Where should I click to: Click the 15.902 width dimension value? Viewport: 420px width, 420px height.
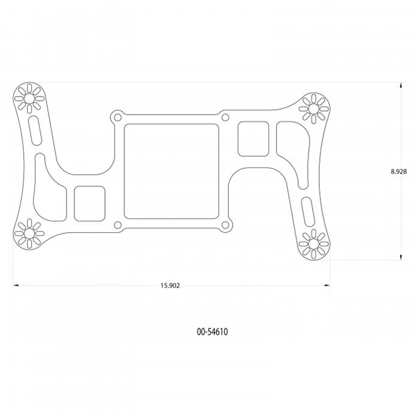[170, 286]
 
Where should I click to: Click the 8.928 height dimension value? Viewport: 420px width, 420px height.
[399, 172]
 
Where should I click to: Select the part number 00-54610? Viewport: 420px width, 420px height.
[212, 331]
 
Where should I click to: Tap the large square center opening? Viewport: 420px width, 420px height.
[171, 171]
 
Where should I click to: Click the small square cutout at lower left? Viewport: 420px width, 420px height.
[90, 202]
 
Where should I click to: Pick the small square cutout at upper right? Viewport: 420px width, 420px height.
[253, 139]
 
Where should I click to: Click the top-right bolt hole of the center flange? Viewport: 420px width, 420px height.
[225, 117]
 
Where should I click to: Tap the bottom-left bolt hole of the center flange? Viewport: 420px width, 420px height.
[118, 226]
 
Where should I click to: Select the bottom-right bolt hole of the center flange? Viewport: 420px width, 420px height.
[226, 226]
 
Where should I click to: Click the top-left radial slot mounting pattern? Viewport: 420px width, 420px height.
[28, 97]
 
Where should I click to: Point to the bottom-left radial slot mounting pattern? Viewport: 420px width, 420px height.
[27, 234]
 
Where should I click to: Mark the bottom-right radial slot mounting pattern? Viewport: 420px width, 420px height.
[313, 244]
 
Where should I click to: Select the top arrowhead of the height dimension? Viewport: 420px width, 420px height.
[400, 86]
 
